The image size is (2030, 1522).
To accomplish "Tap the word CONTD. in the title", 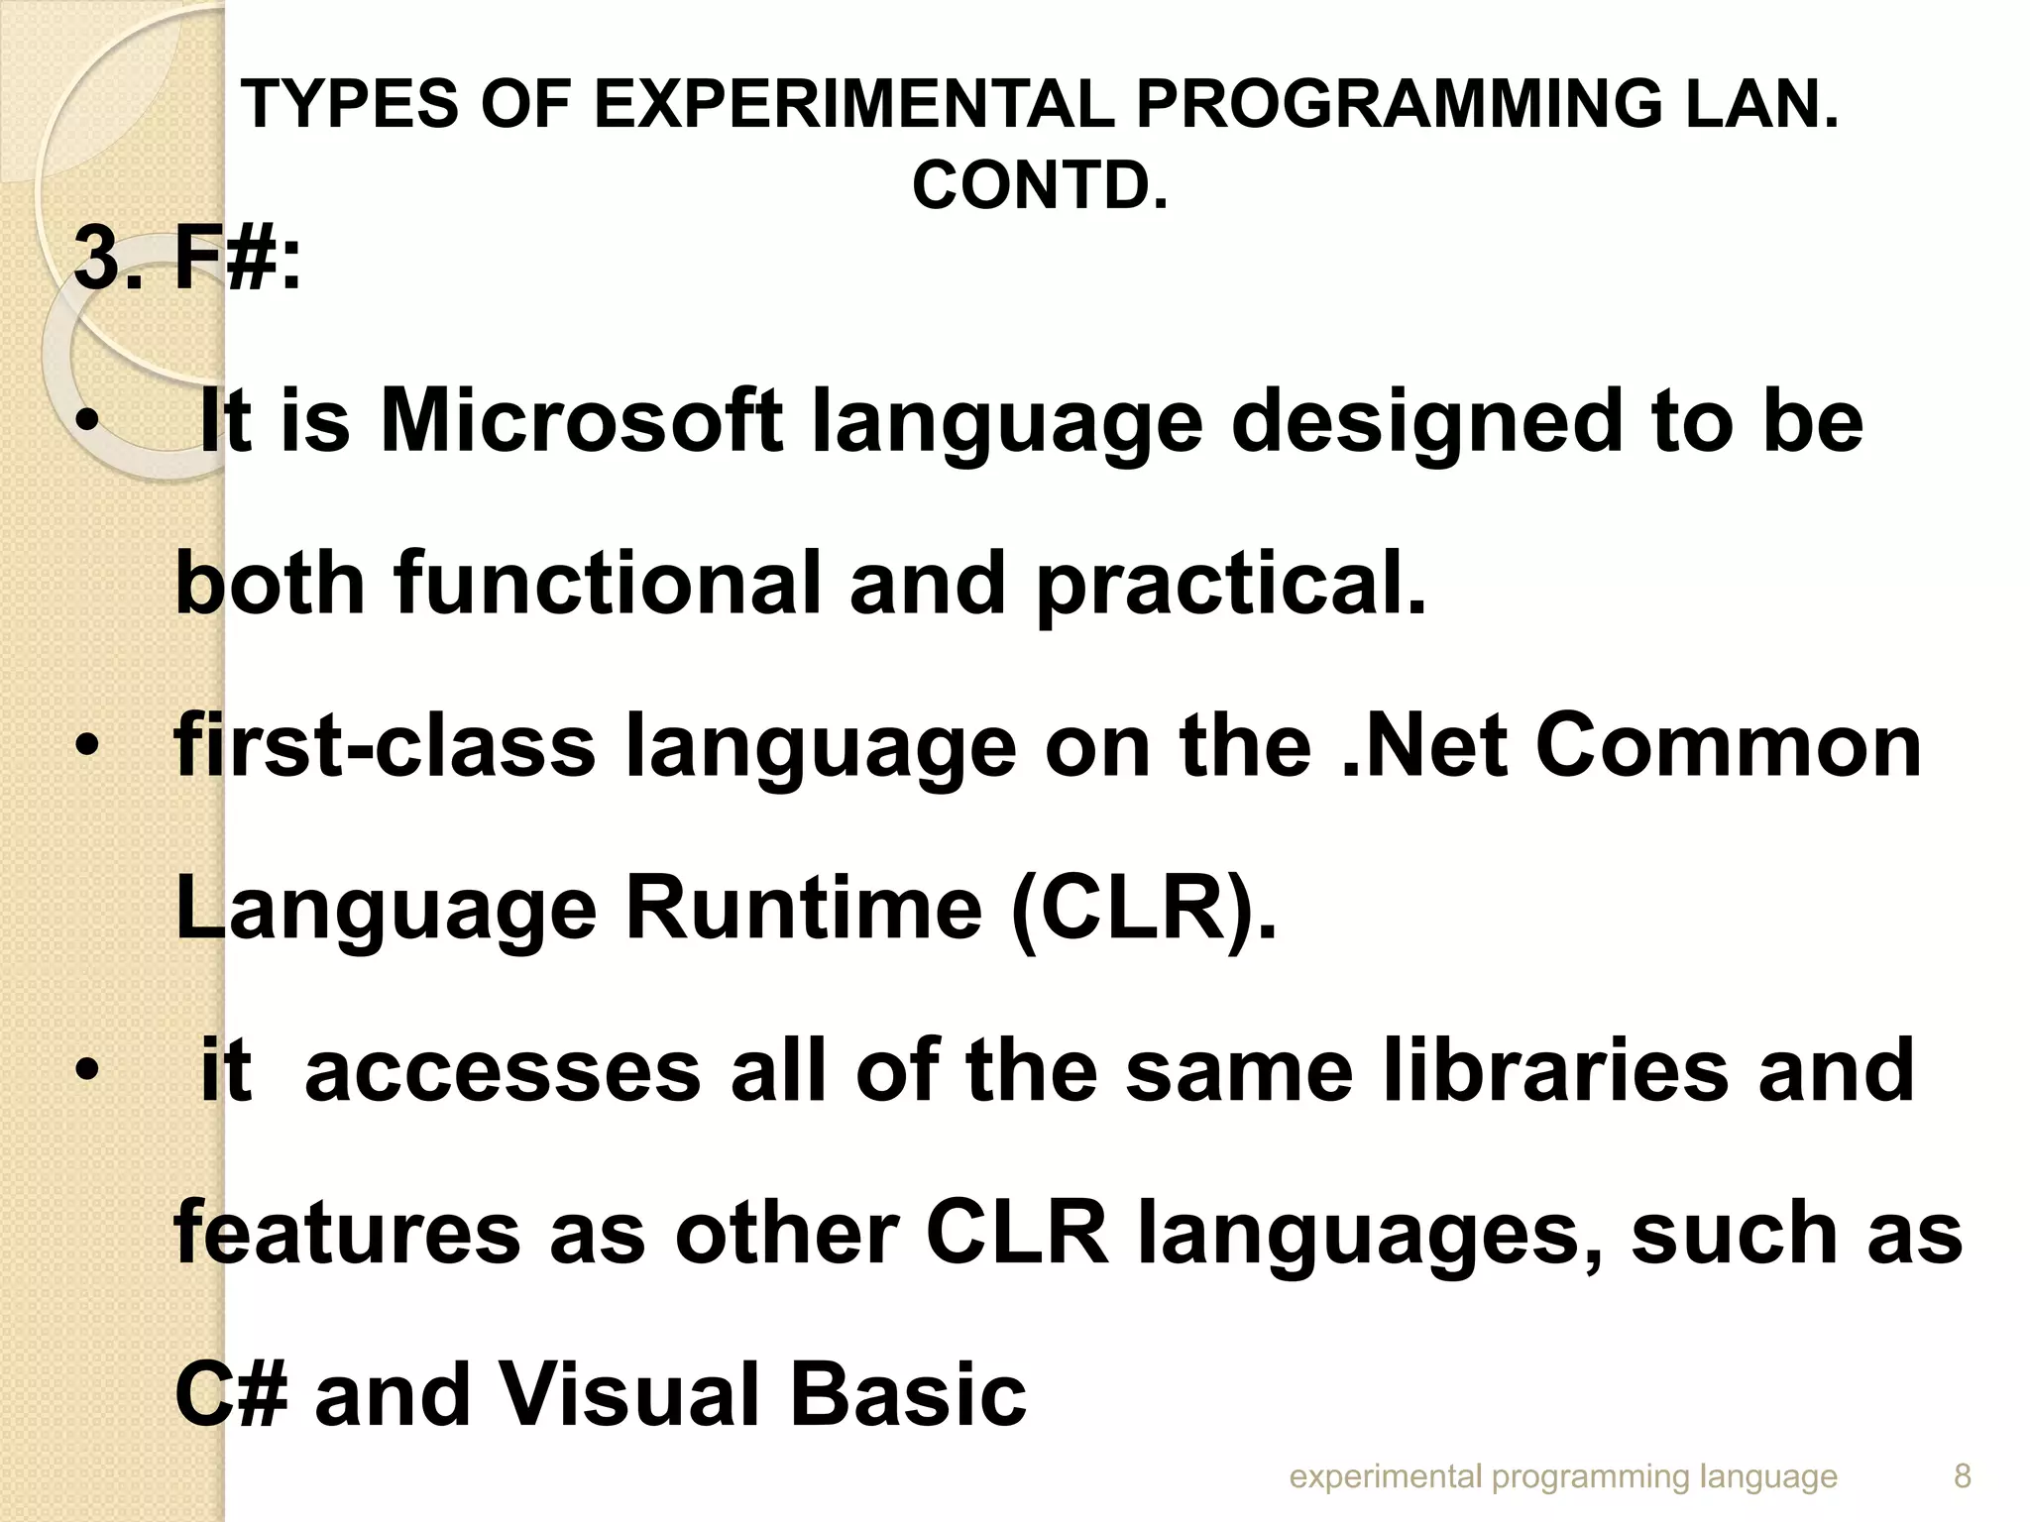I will point(1040,185).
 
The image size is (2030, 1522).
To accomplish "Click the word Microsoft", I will point(582,421).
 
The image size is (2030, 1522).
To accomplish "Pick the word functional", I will point(608,584).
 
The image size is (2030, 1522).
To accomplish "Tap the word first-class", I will point(385,746).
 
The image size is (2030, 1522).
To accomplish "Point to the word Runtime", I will point(803,909).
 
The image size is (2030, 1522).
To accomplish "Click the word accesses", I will point(503,1071).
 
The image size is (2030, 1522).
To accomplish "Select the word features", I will point(347,1234).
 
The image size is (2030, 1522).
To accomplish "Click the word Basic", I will point(908,1394).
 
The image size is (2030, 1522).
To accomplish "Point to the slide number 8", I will point(1962,1477).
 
